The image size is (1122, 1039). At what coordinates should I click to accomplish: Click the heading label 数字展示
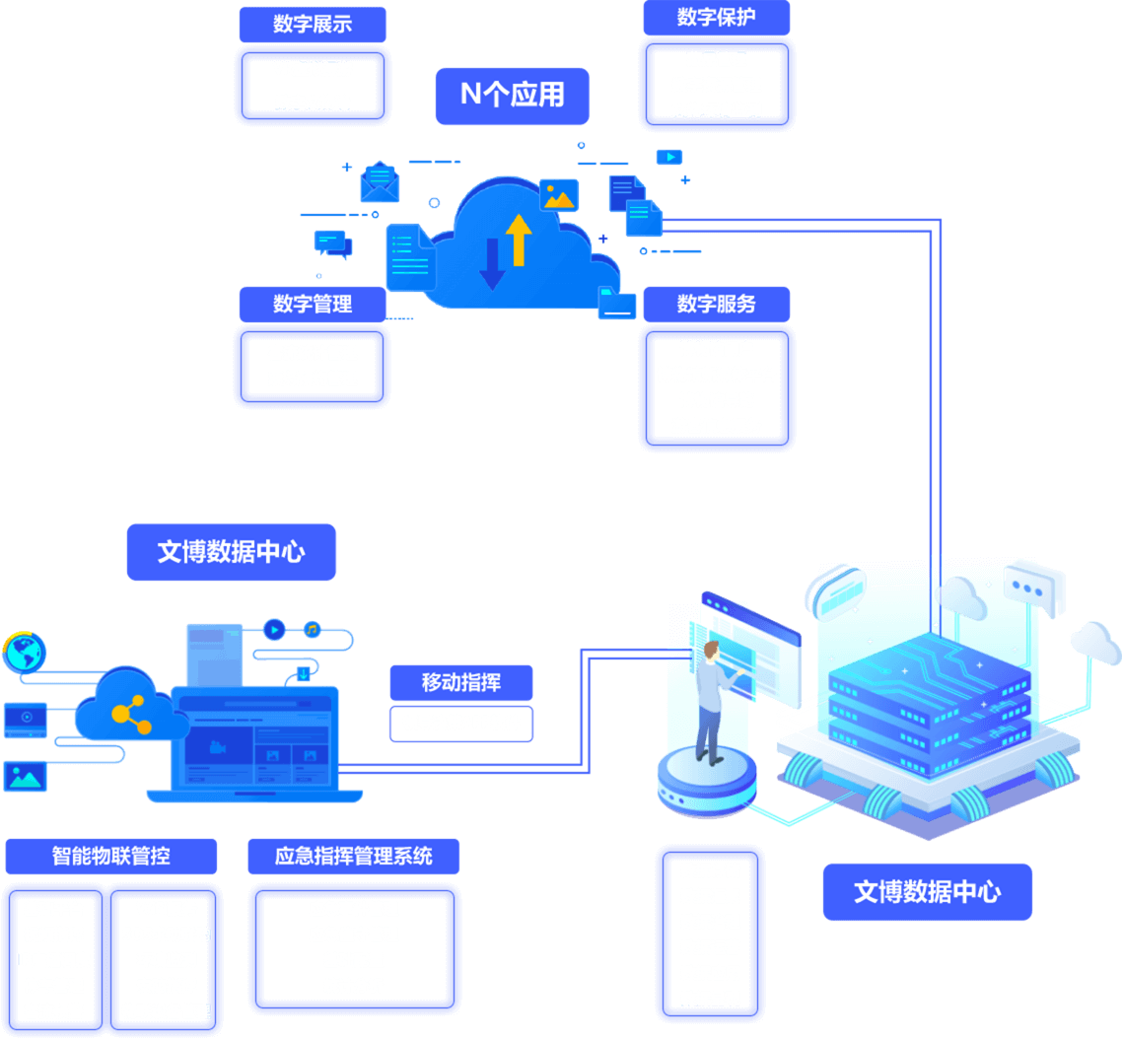point(313,24)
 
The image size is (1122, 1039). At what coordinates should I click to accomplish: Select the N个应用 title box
point(513,95)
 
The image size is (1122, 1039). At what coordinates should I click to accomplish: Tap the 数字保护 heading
point(717,18)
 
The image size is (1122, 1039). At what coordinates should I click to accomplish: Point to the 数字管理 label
point(313,305)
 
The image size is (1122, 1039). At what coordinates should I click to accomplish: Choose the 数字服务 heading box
point(717,305)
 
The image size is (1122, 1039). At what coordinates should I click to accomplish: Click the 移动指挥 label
point(461,682)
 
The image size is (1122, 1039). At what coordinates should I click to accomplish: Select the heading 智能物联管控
point(110,856)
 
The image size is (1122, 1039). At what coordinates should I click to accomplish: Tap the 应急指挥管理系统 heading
point(354,856)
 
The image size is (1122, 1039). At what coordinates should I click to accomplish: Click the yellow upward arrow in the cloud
point(519,239)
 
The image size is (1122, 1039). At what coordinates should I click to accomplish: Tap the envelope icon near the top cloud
point(379,183)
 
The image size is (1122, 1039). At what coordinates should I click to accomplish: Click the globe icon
point(24,653)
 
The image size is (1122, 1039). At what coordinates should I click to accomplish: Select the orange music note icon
point(312,629)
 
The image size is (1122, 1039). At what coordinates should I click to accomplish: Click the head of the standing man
point(711,651)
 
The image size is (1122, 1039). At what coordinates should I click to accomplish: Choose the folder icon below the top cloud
point(617,303)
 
